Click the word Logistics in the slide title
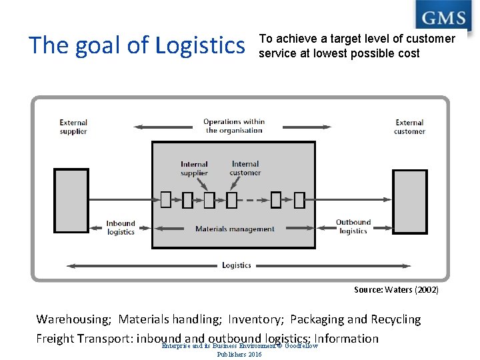click(x=200, y=45)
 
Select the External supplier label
click(x=73, y=127)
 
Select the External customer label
click(x=409, y=127)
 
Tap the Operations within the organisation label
click(x=234, y=126)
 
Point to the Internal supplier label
click(x=194, y=169)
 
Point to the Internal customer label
click(x=245, y=169)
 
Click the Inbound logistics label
click(x=121, y=228)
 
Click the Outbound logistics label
click(x=353, y=227)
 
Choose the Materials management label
click(x=235, y=229)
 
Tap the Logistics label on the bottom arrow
click(x=237, y=265)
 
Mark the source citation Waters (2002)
click(x=396, y=290)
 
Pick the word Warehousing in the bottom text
click(x=73, y=319)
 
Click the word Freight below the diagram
click(x=55, y=338)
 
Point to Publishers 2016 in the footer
click(x=239, y=354)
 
